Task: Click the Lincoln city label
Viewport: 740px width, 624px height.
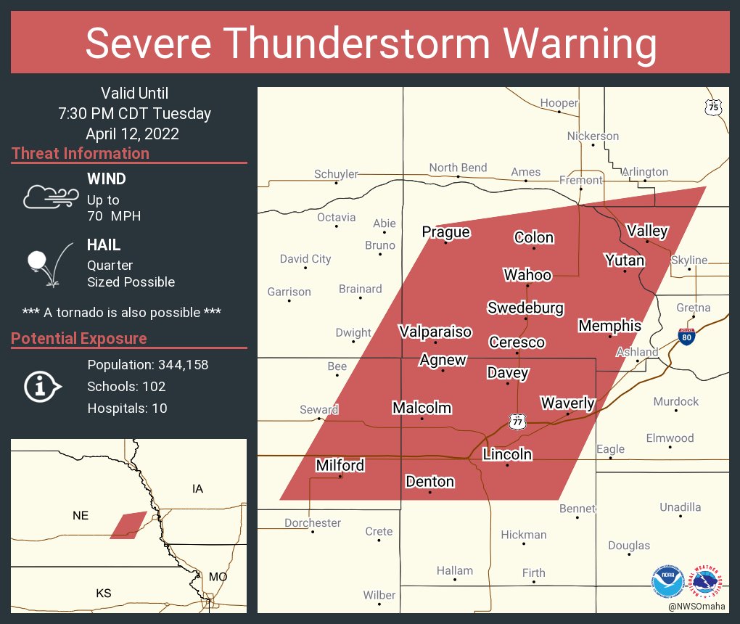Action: click(x=508, y=455)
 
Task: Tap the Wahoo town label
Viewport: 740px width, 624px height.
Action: click(x=527, y=274)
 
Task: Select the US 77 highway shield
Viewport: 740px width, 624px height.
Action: click(x=517, y=422)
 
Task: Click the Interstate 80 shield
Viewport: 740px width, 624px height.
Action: click(x=686, y=336)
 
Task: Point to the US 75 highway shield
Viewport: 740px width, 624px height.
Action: click(x=714, y=107)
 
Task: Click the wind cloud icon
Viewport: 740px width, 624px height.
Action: click(x=50, y=196)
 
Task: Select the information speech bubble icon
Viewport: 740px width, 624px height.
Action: click(x=43, y=387)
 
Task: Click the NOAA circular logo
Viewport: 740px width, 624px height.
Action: click(x=667, y=582)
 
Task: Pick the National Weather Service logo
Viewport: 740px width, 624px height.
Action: click(x=707, y=582)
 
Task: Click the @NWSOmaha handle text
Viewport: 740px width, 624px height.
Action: click(x=697, y=607)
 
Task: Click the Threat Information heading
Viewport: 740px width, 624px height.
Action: click(x=81, y=154)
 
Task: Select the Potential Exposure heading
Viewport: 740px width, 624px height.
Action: click(x=79, y=339)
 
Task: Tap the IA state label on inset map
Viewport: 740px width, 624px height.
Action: click(x=197, y=489)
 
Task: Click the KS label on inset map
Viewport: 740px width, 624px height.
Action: click(x=104, y=594)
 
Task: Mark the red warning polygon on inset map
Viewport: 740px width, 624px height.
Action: click(x=128, y=525)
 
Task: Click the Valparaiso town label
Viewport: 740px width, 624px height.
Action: click(x=435, y=332)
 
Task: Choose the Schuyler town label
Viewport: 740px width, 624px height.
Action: click(x=336, y=174)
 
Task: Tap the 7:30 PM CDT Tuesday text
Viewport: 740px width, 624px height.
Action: click(x=135, y=114)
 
